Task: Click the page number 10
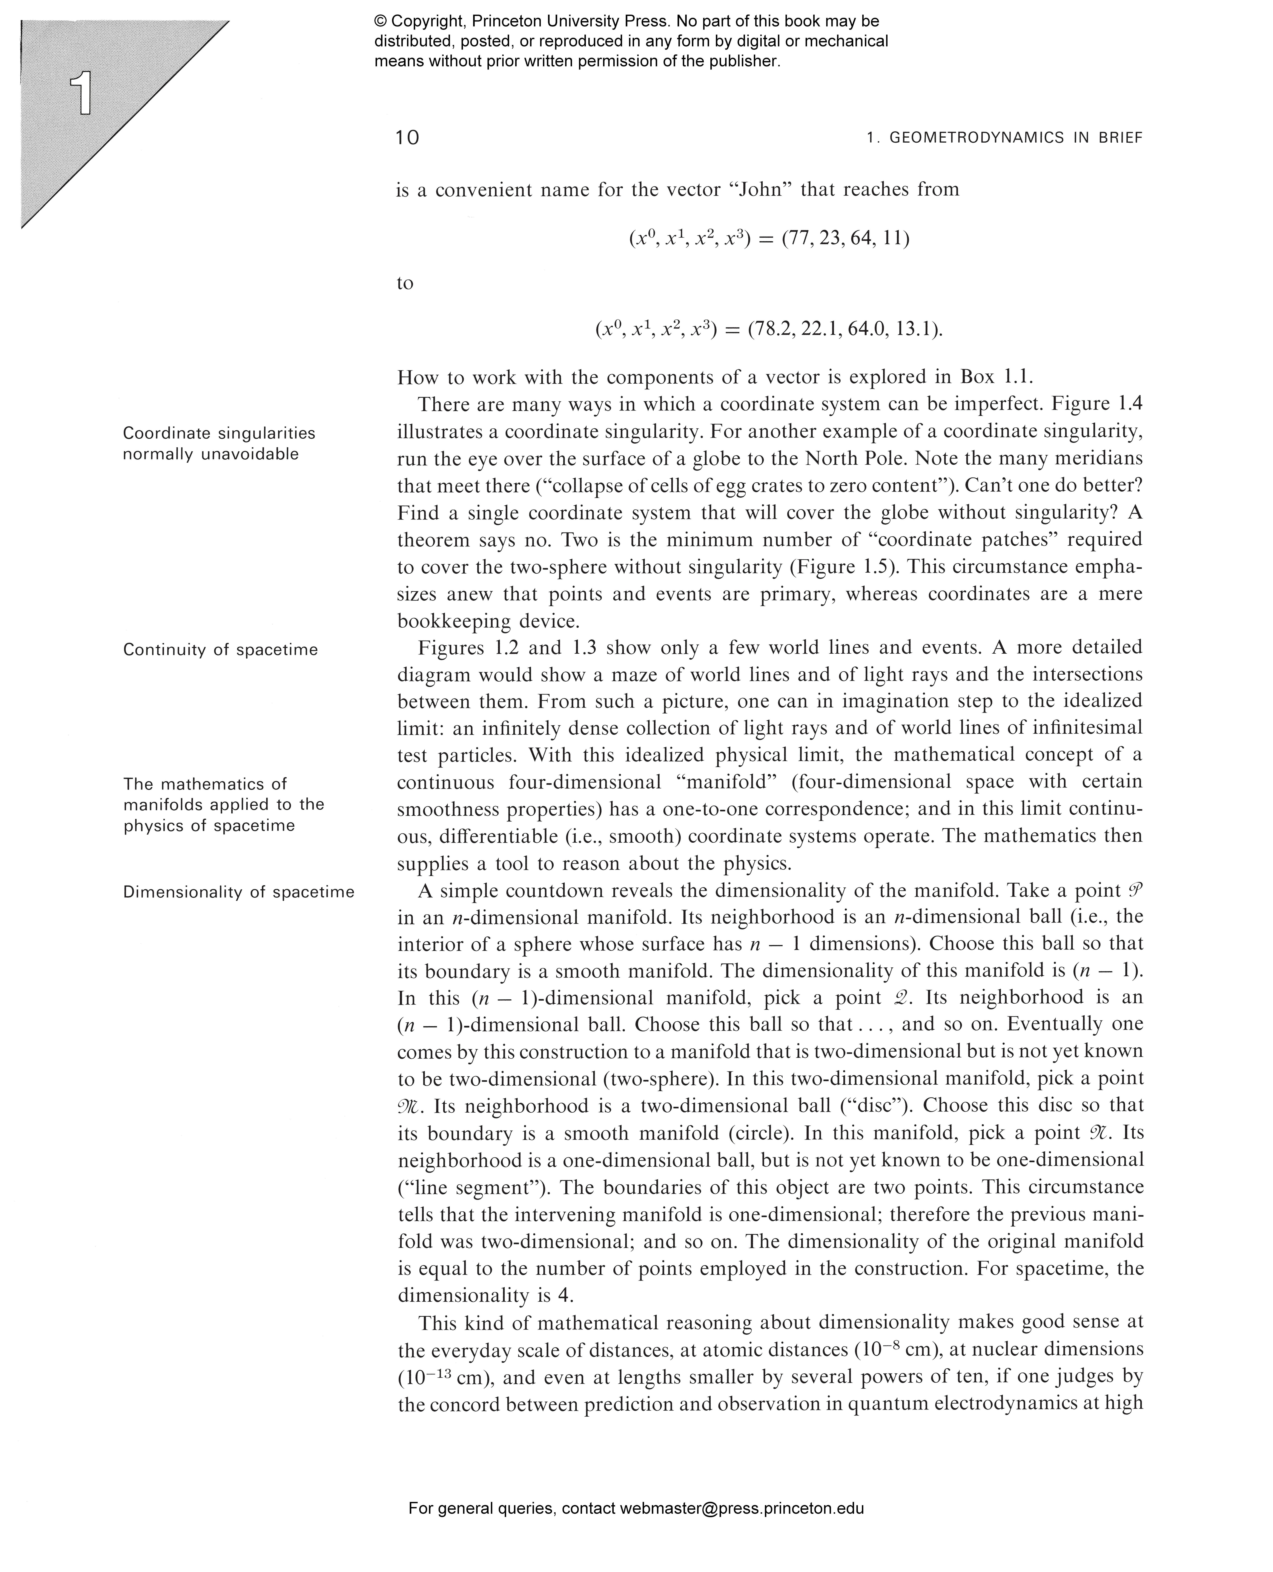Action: pyautogui.click(x=407, y=138)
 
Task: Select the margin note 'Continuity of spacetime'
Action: pyautogui.click(x=220, y=650)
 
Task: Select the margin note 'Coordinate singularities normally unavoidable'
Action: pyautogui.click(x=218, y=444)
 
